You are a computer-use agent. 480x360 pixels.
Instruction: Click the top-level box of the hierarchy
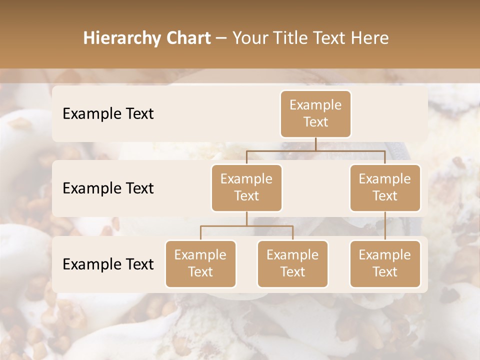(315, 113)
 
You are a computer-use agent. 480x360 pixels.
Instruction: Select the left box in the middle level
(246, 187)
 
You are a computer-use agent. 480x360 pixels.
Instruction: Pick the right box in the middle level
(385, 187)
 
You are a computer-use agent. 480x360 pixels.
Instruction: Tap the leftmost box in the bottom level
(200, 263)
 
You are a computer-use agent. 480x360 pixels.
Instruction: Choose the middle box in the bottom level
(292, 263)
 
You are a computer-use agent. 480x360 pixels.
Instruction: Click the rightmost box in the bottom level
(385, 263)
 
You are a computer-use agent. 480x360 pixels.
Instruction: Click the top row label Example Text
(108, 113)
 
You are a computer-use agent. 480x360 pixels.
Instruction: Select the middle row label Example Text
(108, 188)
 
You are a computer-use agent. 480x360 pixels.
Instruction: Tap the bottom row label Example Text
(108, 264)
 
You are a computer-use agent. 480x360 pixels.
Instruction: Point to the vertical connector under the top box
(315, 144)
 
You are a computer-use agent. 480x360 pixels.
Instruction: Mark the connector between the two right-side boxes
(385, 226)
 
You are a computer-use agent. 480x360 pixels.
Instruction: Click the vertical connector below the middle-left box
(246, 218)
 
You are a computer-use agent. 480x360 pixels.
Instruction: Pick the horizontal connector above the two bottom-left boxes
(246, 226)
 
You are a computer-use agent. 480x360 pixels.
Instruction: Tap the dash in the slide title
(221, 38)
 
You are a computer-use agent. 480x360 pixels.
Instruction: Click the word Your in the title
(248, 38)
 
